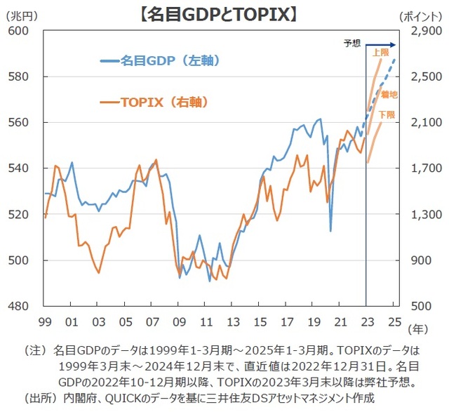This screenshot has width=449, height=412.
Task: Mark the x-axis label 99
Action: point(44,321)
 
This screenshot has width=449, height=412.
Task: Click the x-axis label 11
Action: point(206,321)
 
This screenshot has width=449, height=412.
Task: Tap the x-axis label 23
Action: point(367,321)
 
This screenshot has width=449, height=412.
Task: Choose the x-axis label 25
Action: point(394,321)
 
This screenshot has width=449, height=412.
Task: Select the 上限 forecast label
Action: point(381,53)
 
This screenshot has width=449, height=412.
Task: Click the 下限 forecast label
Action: point(386,114)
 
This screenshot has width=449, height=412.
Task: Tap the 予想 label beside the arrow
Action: point(351,44)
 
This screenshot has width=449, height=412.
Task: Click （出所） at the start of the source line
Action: point(38,398)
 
